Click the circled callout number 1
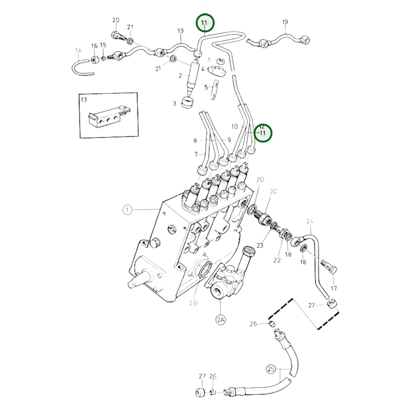pos(127,210)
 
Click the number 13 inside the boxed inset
pos(84,99)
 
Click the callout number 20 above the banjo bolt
pos(116,20)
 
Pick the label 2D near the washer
pos(260,180)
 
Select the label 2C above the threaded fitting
pos(273,191)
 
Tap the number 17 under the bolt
pos(334,288)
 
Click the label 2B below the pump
pos(194,303)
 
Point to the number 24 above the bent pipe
pos(310,221)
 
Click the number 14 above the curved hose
pos(78,50)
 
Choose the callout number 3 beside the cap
pos(174,104)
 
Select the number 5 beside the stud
pos(206,87)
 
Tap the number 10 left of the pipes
pos(234,127)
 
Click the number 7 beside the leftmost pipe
pos(196,154)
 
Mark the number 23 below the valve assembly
pos(260,246)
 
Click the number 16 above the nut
pos(94,46)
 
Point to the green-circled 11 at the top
pos(205,23)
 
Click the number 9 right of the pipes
pos(229,140)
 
